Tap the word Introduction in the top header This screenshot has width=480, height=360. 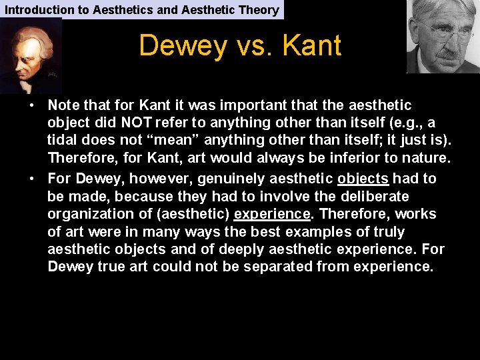point(39,9)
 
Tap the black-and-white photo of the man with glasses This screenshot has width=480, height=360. point(443,36)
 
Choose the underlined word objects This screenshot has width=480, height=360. point(363,179)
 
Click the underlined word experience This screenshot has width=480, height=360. point(272,214)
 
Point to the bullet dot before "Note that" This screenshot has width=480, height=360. point(31,106)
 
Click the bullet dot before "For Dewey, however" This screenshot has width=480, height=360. point(31,179)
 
